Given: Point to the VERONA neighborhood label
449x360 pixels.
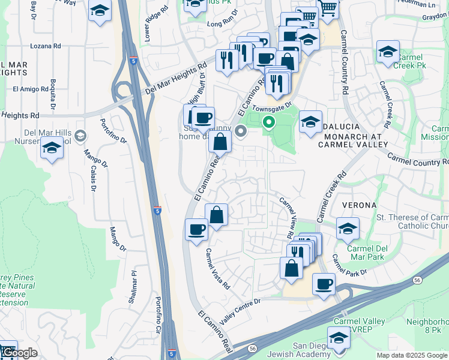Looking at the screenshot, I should [359, 205].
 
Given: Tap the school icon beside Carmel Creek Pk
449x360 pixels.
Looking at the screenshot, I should [388, 53].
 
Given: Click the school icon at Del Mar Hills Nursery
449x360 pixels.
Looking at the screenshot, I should [52, 148].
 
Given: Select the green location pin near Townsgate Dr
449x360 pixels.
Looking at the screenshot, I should [270, 124].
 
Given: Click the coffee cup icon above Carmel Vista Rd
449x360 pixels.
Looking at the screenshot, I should [196, 230].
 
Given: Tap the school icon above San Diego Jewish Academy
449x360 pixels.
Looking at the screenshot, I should [339, 338].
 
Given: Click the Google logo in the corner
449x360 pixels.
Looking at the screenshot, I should [19, 353].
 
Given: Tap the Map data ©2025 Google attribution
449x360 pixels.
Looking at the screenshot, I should [412, 355].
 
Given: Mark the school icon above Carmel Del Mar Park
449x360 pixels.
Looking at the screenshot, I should [348, 229].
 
